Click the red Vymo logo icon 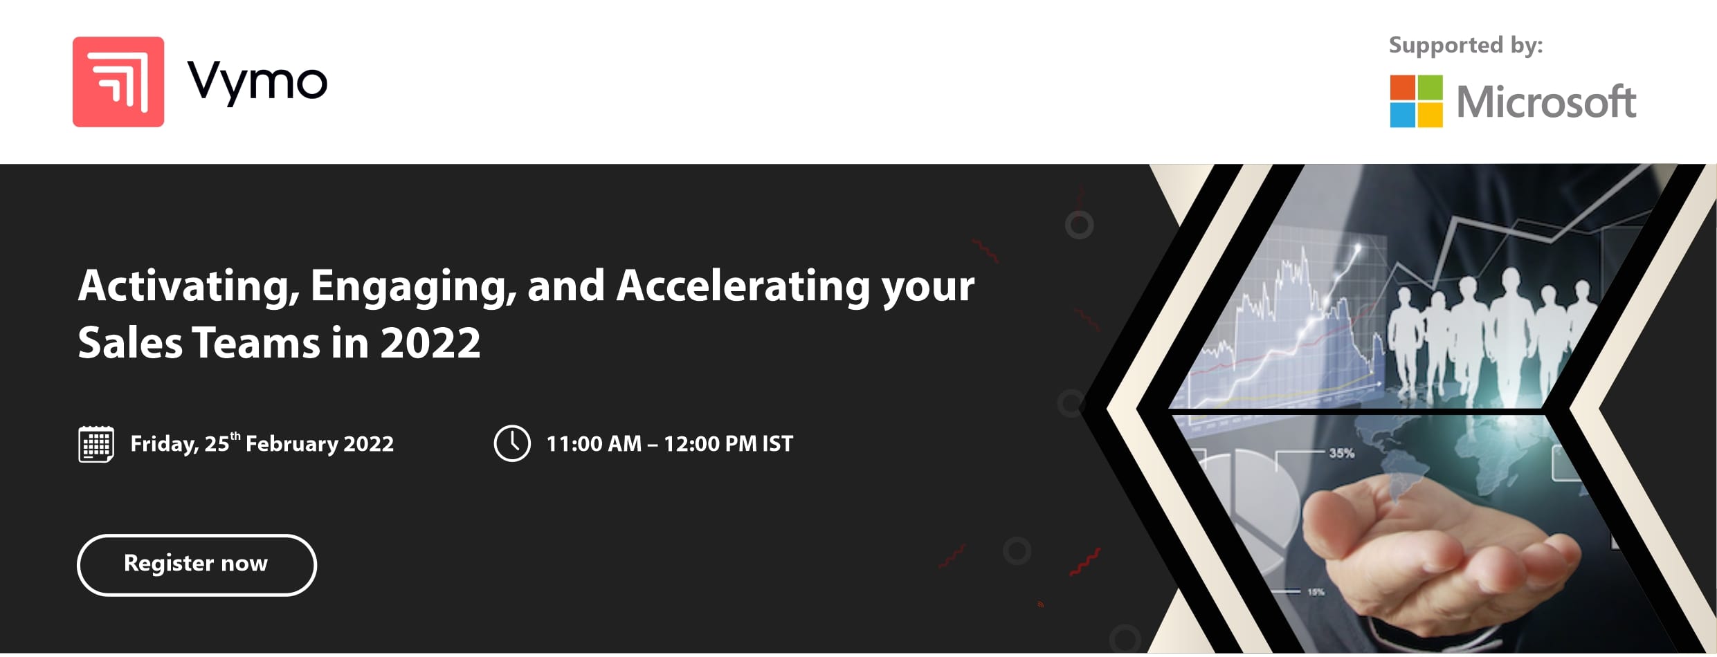click(x=118, y=82)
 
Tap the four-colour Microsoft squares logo click(x=1416, y=101)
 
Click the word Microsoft click(x=1546, y=102)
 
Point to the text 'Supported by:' click(x=1466, y=46)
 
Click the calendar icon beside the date click(x=96, y=444)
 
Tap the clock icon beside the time click(x=512, y=443)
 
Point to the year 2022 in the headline click(x=430, y=342)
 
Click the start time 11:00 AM click(x=594, y=443)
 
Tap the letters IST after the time click(x=777, y=443)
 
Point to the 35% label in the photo click(x=1341, y=454)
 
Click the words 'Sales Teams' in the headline click(x=199, y=342)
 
